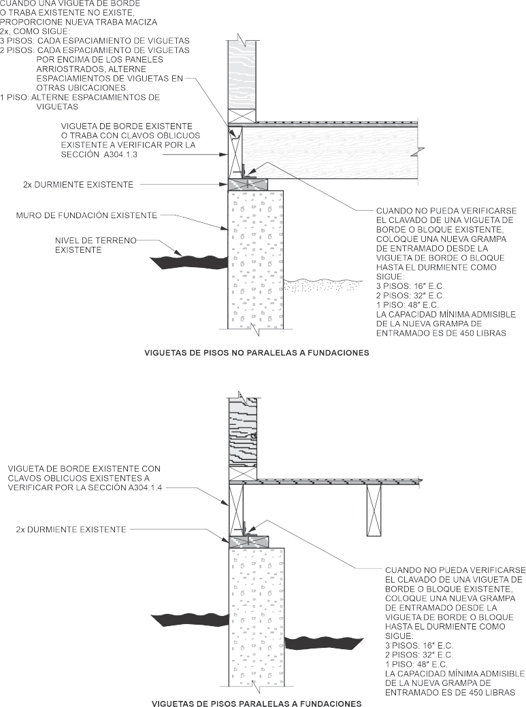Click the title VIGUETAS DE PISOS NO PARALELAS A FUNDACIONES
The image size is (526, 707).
(x=257, y=353)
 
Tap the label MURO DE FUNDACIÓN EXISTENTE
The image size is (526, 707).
(x=86, y=215)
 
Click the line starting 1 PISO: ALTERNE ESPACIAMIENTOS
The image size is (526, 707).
(x=80, y=97)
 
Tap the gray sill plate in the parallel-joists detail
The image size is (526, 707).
(x=249, y=541)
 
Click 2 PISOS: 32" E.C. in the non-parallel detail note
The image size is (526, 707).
(x=410, y=296)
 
